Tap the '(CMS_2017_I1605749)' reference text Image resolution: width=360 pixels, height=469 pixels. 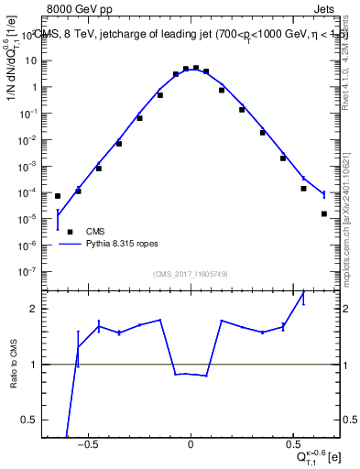pos(191,274)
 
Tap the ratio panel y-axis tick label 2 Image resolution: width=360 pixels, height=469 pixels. pos(34,309)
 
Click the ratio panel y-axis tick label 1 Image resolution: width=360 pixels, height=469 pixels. pos(34,365)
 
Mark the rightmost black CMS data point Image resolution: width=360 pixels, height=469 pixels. pos(324,213)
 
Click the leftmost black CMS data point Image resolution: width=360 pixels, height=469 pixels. pos(58,196)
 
